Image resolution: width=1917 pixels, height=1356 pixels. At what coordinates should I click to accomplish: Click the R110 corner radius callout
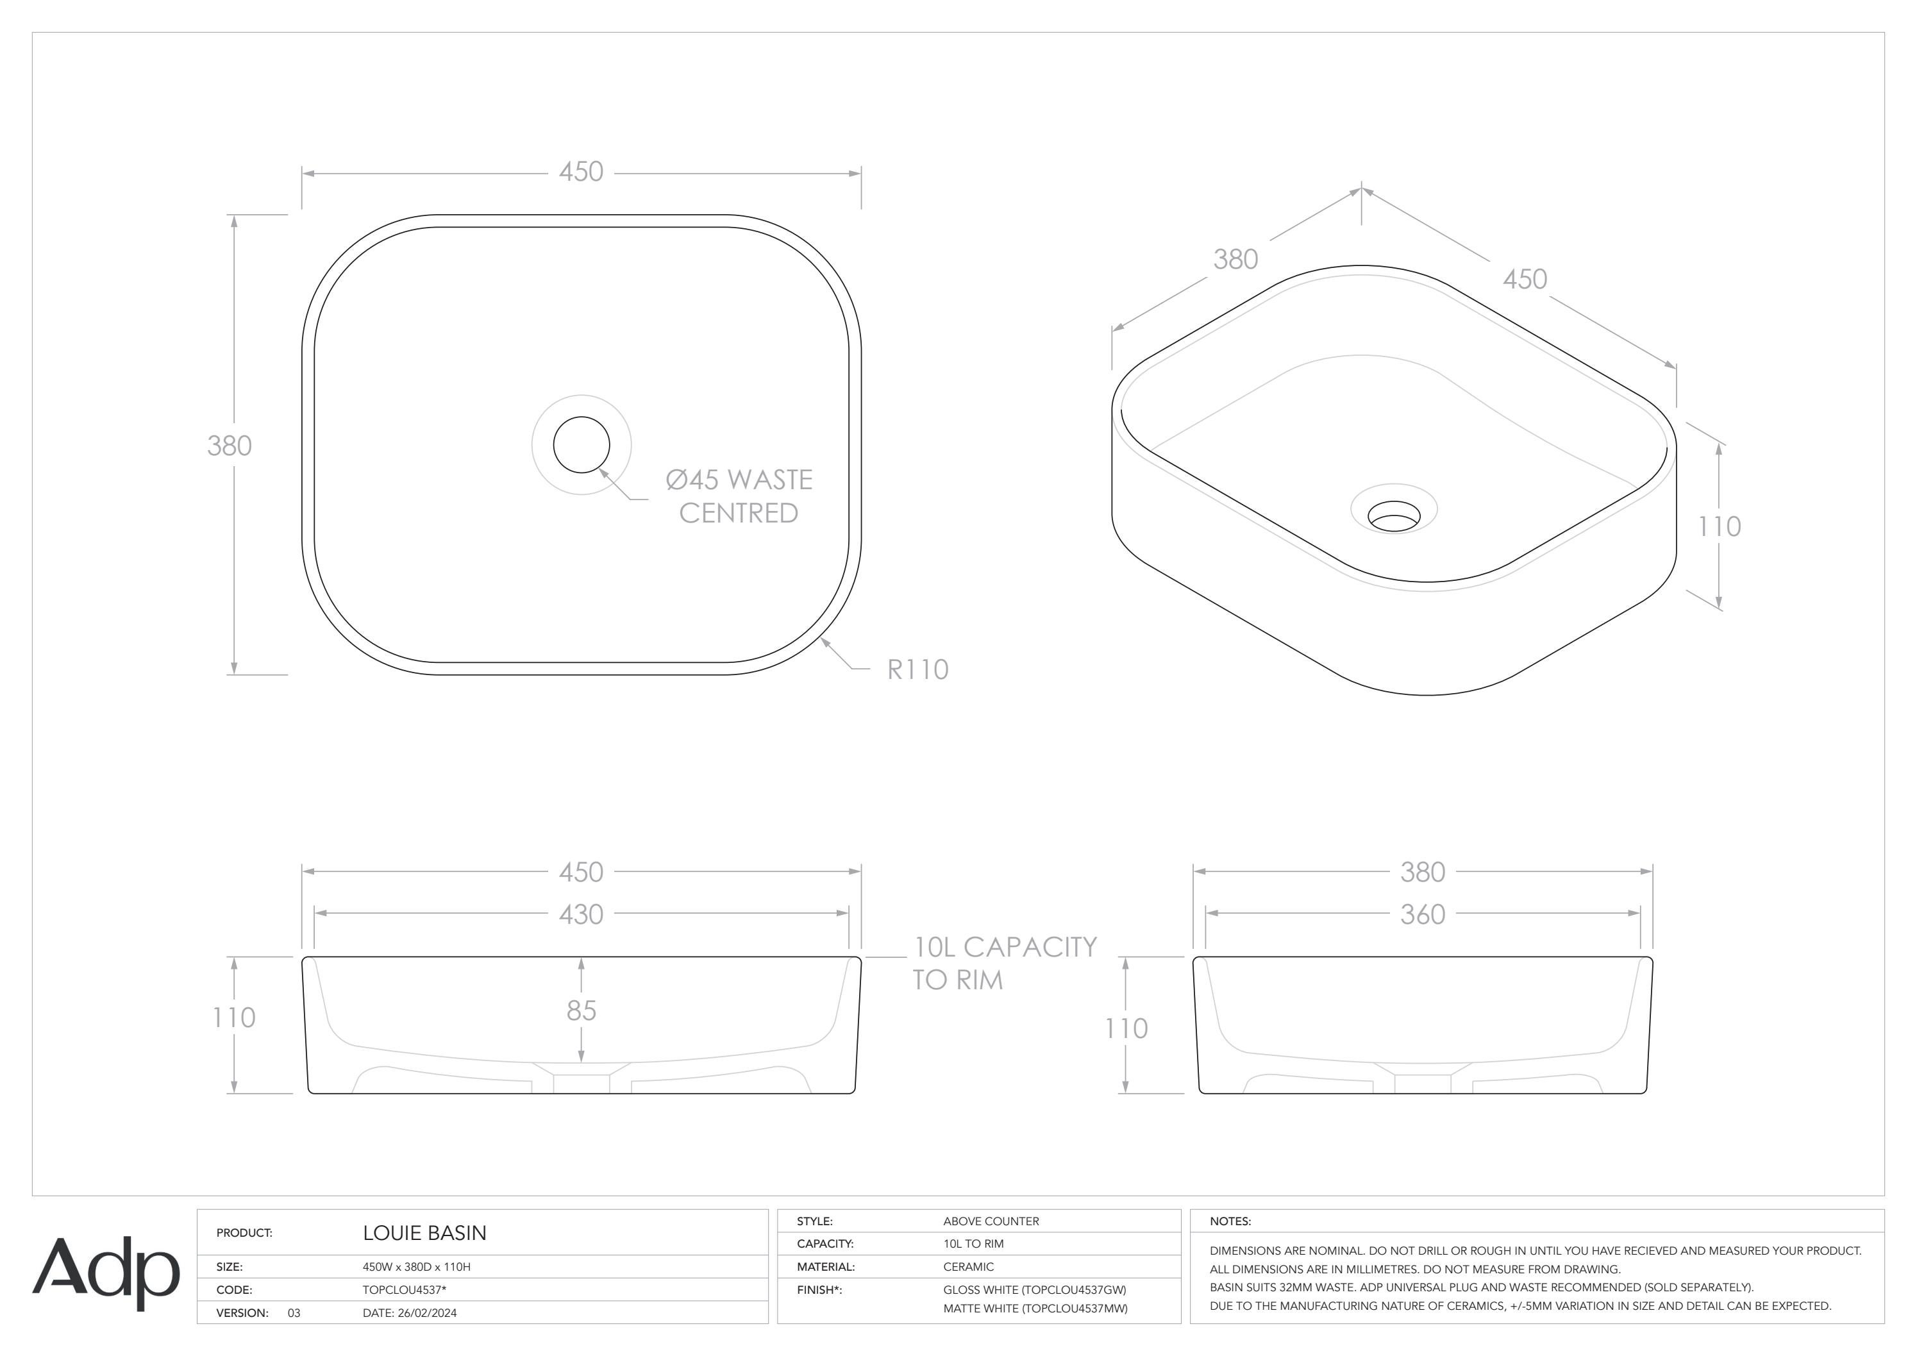coord(917,669)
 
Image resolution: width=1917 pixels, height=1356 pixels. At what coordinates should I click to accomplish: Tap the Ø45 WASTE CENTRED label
coord(739,496)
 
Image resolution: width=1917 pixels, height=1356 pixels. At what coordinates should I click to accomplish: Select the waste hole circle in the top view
coord(581,444)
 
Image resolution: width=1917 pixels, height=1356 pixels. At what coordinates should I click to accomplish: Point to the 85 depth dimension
coord(581,1011)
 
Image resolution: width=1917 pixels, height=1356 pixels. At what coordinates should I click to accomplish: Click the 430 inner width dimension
coord(581,914)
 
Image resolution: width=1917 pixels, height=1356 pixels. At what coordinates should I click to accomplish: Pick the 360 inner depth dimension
coord(1422,914)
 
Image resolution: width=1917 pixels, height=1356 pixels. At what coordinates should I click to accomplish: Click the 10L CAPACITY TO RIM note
coord(1005,963)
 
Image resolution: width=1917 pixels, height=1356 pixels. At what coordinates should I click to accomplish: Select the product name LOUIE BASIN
coord(424,1234)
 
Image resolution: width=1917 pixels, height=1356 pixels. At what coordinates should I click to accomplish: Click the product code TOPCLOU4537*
coord(404,1290)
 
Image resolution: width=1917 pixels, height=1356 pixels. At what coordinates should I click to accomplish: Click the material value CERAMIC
coord(969,1267)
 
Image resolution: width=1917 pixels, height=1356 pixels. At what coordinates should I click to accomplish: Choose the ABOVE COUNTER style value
coord(991,1221)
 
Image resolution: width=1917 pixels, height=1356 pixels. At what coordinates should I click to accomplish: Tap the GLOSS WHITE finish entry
coord(1035,1290)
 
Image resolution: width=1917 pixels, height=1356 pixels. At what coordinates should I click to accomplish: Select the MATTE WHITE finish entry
coord(1035,1309)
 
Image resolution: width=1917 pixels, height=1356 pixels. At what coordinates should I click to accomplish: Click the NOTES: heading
coord(1230,1221)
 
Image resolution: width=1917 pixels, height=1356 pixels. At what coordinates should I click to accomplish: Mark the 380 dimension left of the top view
coord(230,446)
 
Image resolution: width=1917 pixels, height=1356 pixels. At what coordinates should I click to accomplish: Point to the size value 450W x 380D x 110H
coord(416,1267)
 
